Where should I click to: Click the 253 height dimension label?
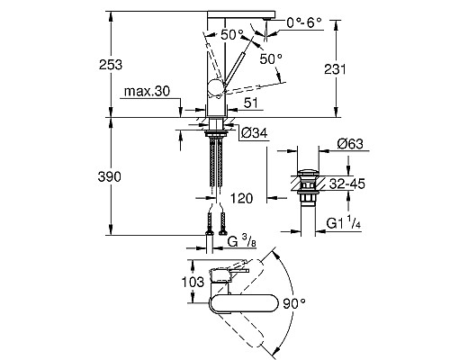111,65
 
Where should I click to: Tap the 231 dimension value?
335,69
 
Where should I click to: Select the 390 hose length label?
110,177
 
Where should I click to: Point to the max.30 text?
147,91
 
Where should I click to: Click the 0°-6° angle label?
304,22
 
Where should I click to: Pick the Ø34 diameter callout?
255,133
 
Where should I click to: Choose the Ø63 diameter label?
350,144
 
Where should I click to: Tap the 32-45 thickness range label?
347,184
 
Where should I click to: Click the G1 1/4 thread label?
344,223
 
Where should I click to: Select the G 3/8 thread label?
241,241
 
